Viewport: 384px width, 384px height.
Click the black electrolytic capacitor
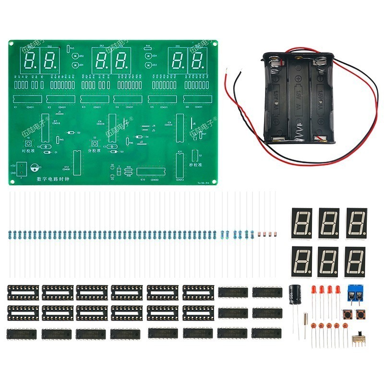[294, 293]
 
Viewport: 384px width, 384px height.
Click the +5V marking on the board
[13, 166]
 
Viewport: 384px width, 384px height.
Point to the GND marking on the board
[13, 172]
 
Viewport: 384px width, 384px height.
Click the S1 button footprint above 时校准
[28, 144]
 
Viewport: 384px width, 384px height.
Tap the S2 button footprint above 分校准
[95, 144]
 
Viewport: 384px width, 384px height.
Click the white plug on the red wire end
[240, 72]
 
